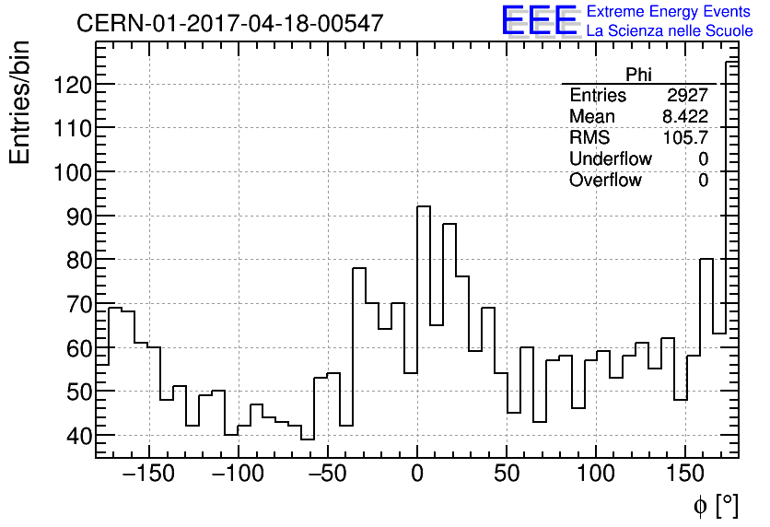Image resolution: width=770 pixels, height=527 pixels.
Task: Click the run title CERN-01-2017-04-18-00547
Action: [x=229, y=23]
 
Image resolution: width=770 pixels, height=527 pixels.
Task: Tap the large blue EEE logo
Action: [x=539, y=20]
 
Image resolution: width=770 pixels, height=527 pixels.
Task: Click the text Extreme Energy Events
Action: [x=669, y=12]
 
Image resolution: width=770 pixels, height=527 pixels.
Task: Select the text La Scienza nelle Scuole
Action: [x=669, y=31]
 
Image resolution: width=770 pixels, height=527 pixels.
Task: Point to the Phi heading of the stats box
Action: [x=638, y=75]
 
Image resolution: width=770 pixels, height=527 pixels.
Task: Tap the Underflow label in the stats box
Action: [x=610, y=159]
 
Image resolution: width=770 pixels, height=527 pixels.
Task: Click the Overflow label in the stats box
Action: [x=605, y=181]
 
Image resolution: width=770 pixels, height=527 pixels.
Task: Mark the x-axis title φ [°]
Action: [x=715, y=505]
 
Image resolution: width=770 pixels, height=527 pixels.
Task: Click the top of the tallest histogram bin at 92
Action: [x=424, y=206]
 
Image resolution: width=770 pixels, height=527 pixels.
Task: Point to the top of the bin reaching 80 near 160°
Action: [x=706, y=259]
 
